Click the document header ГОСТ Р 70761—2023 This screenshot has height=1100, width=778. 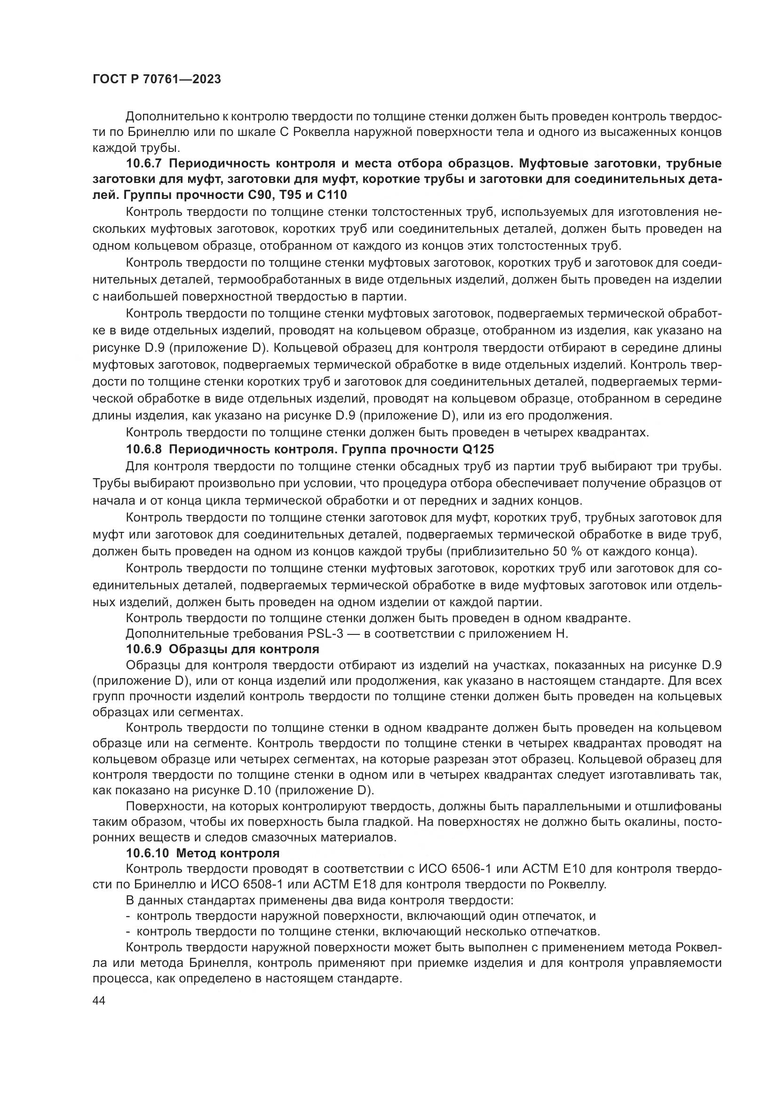coord(157,79)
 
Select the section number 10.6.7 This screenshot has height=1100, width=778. coord(144,163)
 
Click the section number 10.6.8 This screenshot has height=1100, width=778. coord(144,450)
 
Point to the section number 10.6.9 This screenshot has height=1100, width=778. coord(144,649)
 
